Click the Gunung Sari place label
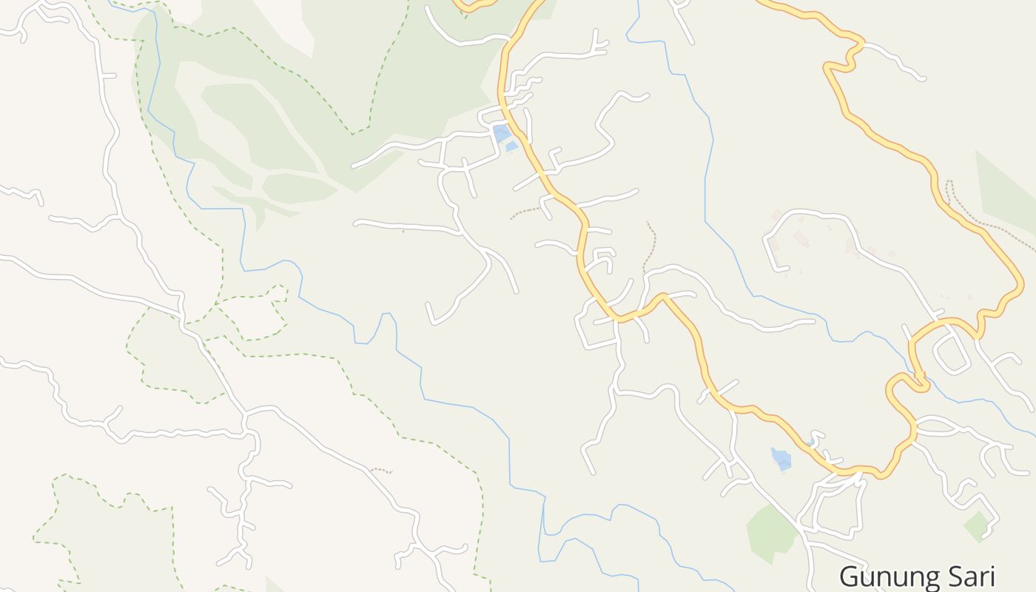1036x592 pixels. (917, 576)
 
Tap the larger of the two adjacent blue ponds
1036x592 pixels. (501, 133)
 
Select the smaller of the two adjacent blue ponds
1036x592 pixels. (511, 147)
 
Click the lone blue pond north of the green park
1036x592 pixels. (781, 459)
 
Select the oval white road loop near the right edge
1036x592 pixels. (952, 354)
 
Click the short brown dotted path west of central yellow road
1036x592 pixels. (525, 213)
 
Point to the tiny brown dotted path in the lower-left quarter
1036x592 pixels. (380, 470)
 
